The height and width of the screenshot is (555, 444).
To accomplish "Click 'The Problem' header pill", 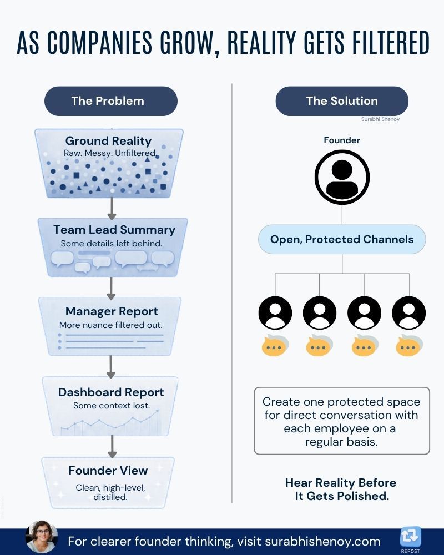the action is [x=111, y=101].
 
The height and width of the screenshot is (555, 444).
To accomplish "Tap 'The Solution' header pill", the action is [x=342, y=101].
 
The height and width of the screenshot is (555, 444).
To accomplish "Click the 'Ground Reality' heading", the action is [x=108, y=141].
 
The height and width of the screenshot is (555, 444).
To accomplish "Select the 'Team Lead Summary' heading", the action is [x=114, y=230].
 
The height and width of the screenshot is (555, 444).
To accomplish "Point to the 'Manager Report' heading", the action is [x=112, y=311].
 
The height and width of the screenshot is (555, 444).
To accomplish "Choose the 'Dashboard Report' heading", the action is [x=111, y=392].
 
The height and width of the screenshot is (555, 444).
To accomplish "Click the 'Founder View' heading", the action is [x=108, y=471].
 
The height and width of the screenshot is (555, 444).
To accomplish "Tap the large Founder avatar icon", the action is [x=342, y=177].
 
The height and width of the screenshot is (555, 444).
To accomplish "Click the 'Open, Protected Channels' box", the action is [x=342, y=239].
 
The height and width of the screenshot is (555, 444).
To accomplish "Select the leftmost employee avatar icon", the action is [x=275, y=313].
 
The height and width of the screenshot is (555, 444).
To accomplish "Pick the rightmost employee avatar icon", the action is [x=409, y=313].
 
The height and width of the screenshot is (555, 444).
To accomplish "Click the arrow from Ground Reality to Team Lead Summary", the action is [x=112, y=209].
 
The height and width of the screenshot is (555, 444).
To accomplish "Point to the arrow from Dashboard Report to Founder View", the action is [x=112, y=446].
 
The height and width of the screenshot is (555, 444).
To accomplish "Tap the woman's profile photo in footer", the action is [x=42, y=537].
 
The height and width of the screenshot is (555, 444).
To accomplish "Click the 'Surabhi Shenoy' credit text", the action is [x=380, y=119].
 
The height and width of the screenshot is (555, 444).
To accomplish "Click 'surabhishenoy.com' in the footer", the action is [x=322, y=541].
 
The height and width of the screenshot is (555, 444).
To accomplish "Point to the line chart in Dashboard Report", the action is [x=110, y=422].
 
